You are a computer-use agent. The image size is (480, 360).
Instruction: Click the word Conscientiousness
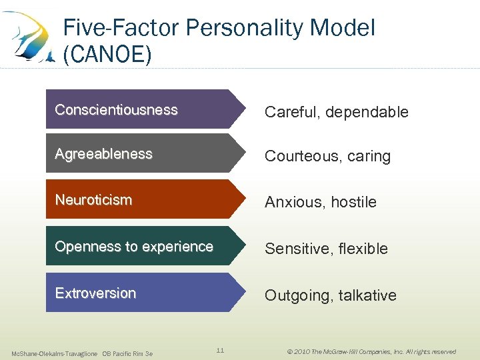[x=116, y=110]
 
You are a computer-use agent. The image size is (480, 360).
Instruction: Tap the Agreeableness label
[x=103, y=154]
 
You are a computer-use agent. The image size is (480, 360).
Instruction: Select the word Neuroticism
[x=93, y=200]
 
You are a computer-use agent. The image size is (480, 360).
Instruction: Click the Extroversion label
[x=95, y=293]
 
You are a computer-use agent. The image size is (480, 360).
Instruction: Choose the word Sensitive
[x=297, y=249]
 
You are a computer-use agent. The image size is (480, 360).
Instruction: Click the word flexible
[x=363, y=249]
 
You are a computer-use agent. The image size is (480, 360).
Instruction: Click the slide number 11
[x=220, y=350]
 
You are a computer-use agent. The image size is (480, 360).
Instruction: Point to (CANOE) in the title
[x=107, y=54]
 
